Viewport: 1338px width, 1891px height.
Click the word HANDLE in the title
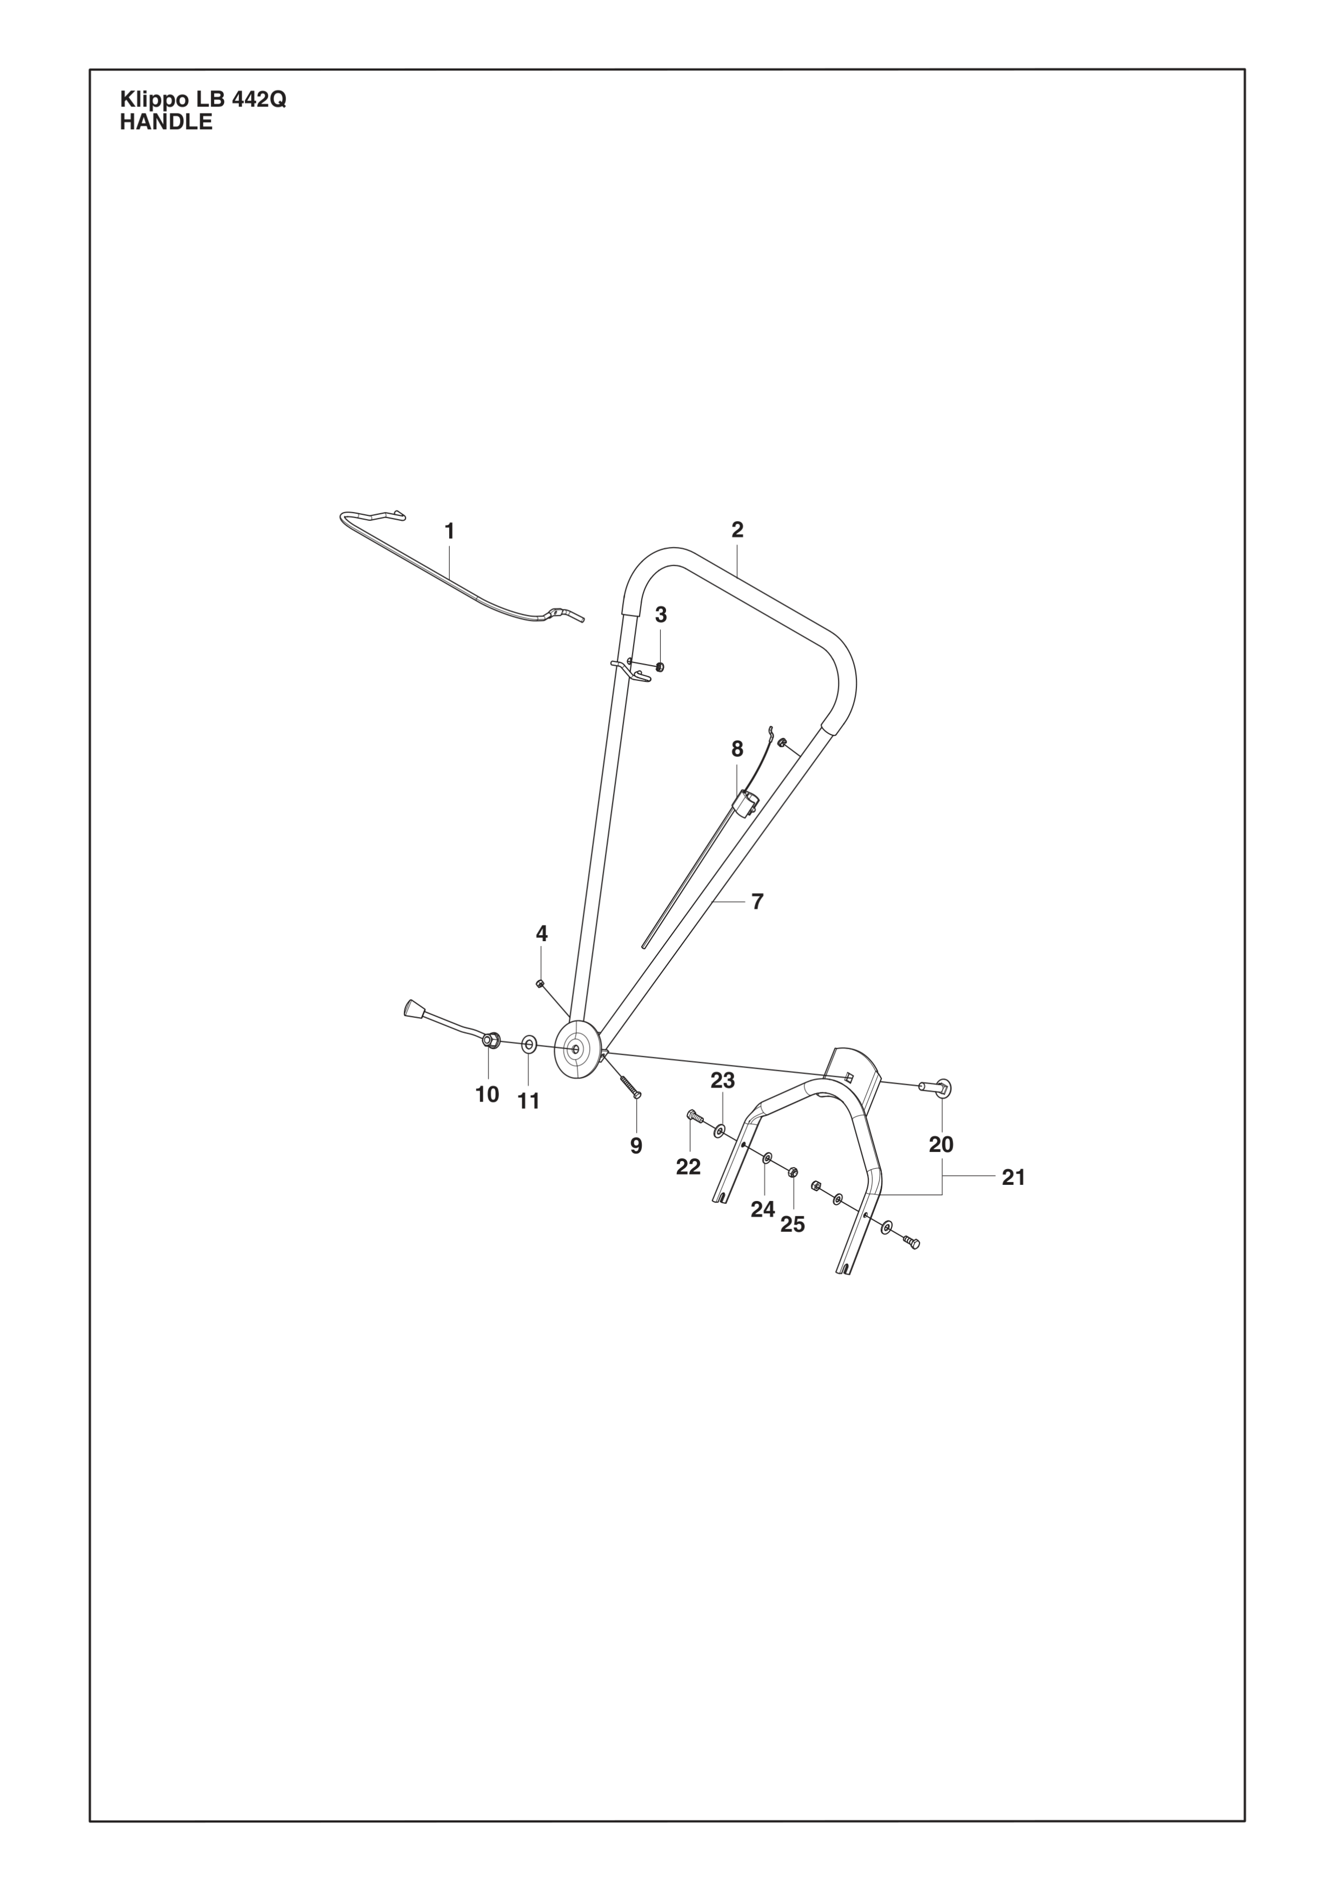(x=167, y=123)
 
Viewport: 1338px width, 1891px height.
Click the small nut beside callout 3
(x=659, y=666)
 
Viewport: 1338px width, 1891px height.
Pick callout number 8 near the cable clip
(x=737, y=749)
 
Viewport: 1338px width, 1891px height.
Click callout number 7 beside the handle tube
(x=757, y=902)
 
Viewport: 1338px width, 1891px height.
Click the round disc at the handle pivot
(x=577, y=1049)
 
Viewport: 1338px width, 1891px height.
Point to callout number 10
(x=487, y=1095)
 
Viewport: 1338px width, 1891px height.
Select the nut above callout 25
(x=793, y=1171)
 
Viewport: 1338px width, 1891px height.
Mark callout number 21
(x=1014, y=1178)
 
